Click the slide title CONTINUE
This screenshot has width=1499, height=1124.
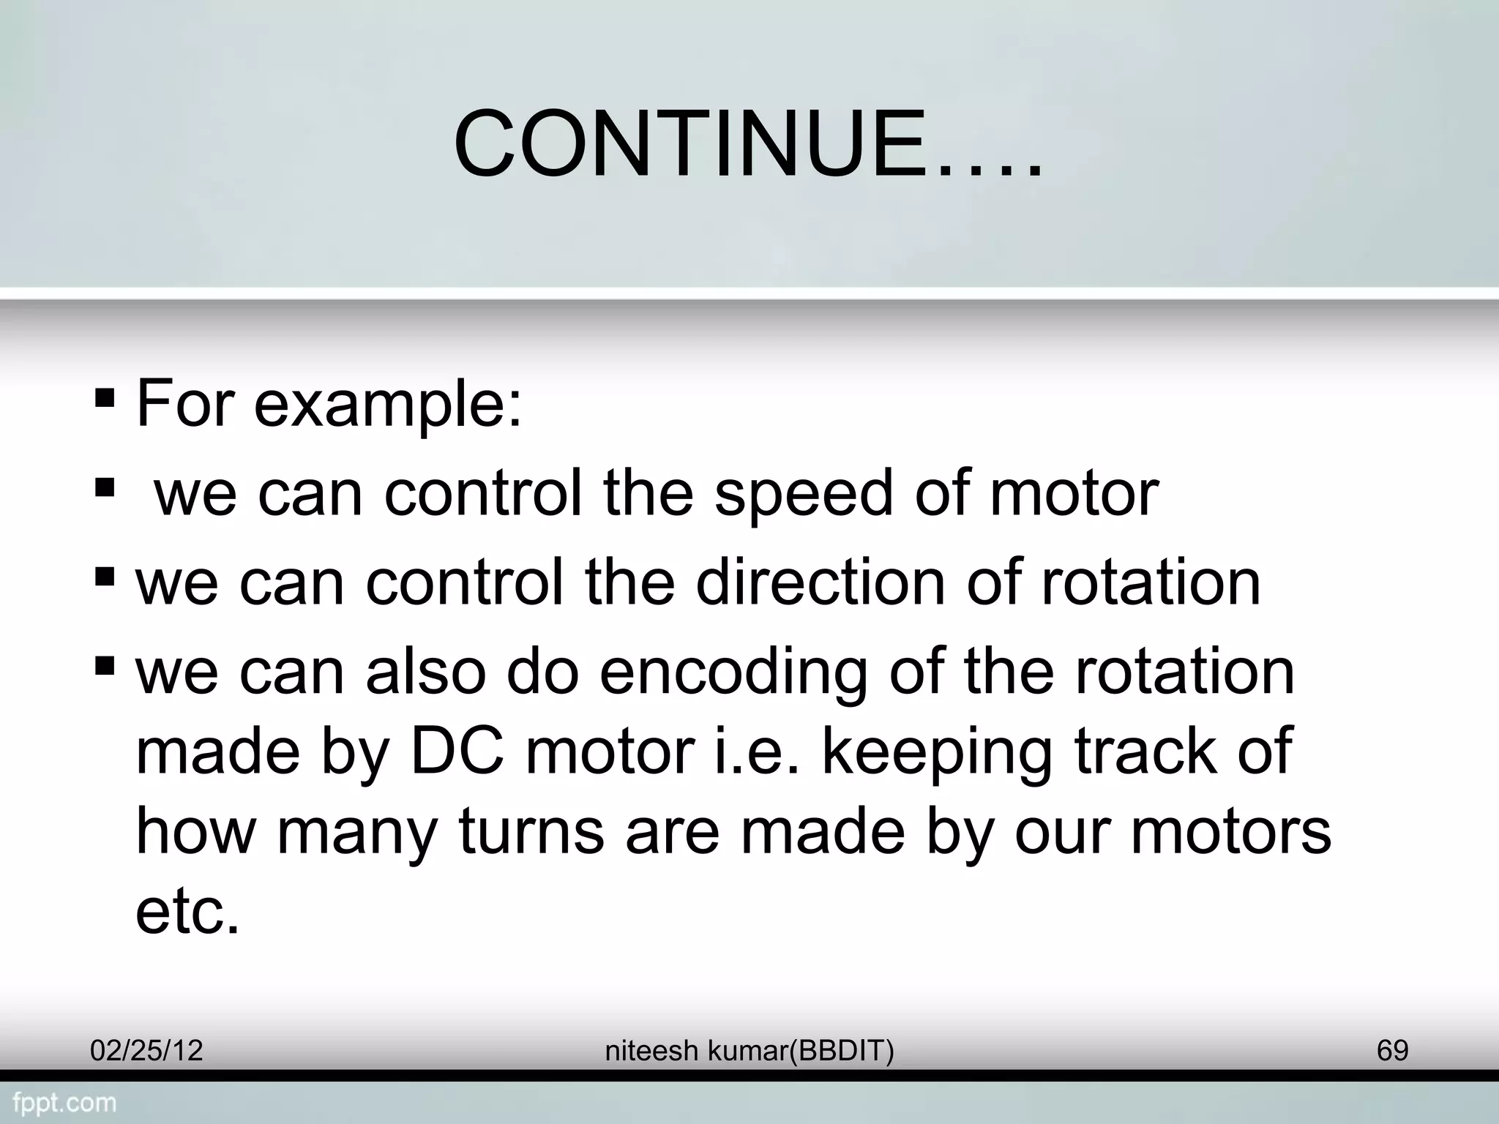747,144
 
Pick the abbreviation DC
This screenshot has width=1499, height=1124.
457,752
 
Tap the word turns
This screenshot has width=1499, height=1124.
531,832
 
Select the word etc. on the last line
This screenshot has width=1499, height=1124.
187,913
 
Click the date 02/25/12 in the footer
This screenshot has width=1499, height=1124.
146,1051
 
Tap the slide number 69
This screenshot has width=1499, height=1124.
1392,1051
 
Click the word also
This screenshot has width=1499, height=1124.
425,672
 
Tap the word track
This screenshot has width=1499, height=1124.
1143,752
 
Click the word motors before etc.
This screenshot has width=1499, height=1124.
1230,832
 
